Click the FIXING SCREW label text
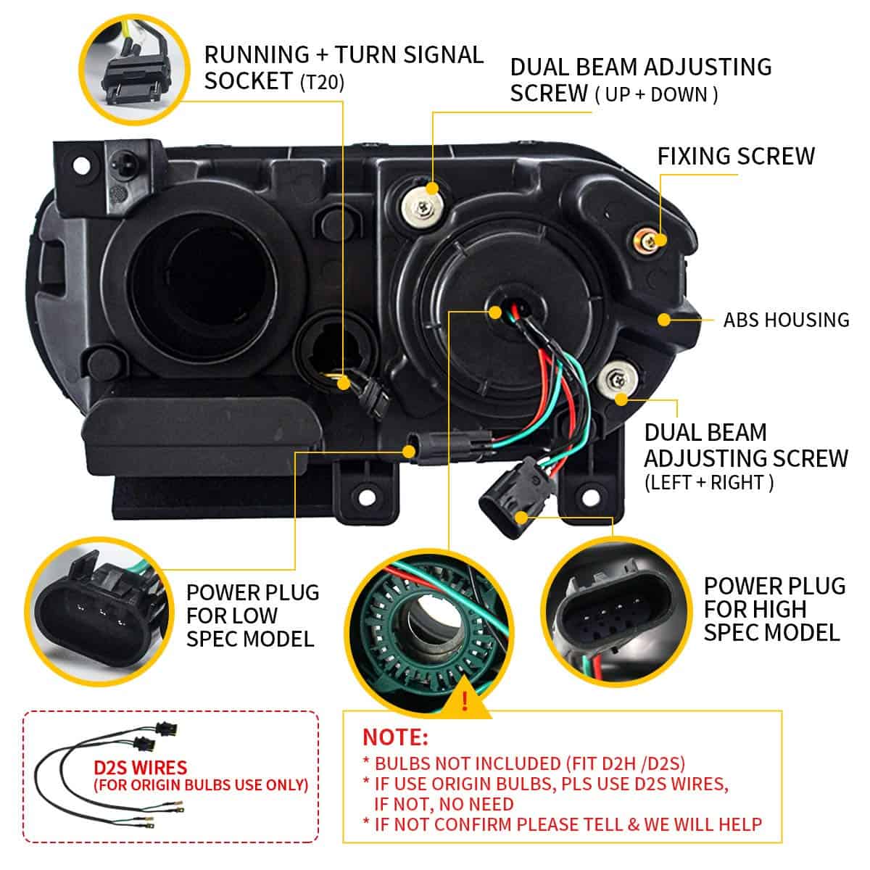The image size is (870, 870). coord(735,156)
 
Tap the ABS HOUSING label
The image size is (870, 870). coord(786,319)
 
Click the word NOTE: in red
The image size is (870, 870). coord(395,737)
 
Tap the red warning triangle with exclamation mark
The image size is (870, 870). coord(464,701)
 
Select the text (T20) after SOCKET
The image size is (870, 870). coord(322,82)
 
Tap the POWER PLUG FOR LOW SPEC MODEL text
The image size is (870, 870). coord(252,615)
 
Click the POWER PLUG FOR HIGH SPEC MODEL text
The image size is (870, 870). coord(774,609)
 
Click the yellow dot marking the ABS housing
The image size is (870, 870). coord(663,318)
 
